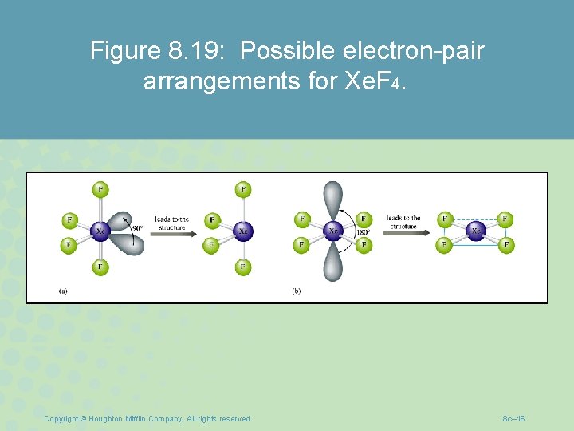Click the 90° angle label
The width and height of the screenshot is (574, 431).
click(137, 229)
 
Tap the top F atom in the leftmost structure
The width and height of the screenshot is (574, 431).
click(100, 189)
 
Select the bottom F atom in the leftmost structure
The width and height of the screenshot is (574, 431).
click(100, 267)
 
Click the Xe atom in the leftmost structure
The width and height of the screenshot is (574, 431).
click(100, 231)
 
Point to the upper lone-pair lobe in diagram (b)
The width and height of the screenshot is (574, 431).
click(333, 199)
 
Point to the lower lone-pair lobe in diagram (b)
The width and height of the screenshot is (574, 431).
click(333, 263)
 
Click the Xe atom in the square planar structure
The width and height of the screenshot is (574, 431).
click(476, 231)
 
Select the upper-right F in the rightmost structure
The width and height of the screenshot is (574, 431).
click(505, 219)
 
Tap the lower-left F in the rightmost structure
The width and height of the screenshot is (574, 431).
click(445, 245)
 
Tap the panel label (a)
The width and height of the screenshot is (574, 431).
click(63, 291)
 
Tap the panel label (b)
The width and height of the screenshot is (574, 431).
click(296, 291)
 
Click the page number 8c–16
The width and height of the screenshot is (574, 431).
click(513, 418)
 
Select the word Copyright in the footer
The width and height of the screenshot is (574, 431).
click(61, 418)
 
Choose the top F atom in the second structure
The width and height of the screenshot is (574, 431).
click(243, 189)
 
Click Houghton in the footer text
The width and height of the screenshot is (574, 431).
click(105, 418)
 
